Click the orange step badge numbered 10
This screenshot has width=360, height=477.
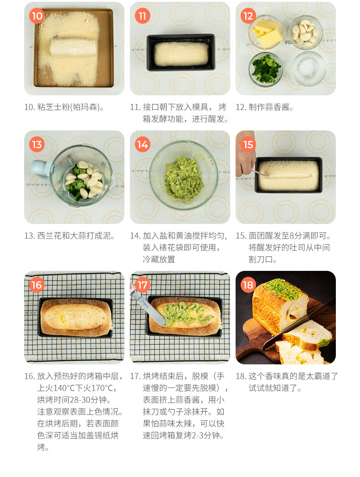click(37, 16)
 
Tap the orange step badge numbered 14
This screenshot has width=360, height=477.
click(143, 145)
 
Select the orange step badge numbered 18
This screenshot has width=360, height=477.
click(248, 285)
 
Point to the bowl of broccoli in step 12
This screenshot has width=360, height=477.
click(265, 69)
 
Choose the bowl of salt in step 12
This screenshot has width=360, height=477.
click(309, 68)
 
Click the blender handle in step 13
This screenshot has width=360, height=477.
click(41, 169)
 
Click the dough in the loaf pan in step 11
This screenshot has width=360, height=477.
click(181, 54)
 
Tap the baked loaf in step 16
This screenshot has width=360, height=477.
click(76, 317)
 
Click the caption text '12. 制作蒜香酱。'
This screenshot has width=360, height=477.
click(264, 107)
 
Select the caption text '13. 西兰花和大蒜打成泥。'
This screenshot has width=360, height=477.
click(69, 236)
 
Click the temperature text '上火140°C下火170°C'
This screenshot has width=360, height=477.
click(77, 388)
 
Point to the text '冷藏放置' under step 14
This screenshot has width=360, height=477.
click(159, 259)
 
